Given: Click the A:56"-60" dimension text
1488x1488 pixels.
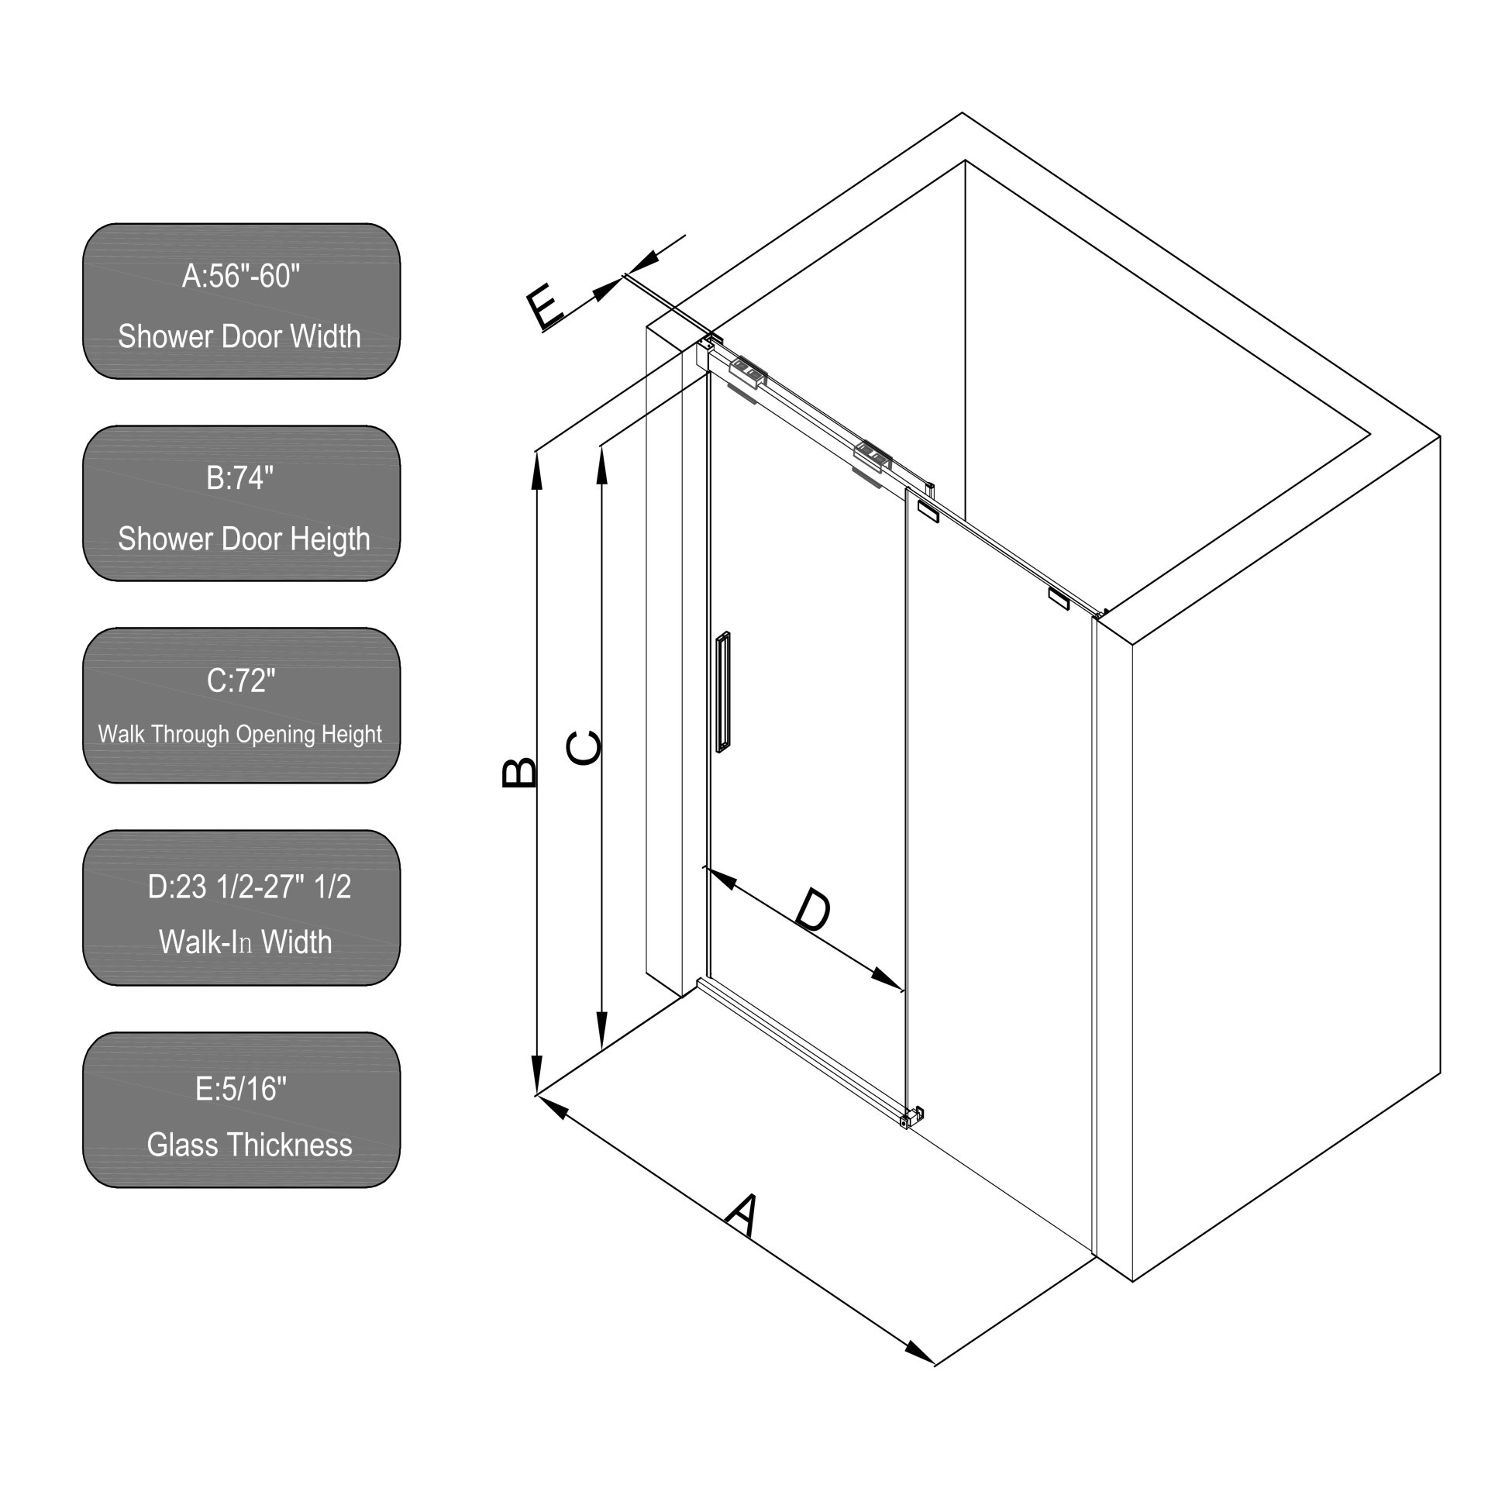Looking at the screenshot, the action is pyautogui.click(x=241, y=275).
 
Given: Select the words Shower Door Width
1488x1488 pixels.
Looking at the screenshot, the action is pyautogui.click(x=239, y=336).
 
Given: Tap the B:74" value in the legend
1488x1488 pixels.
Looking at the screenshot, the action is pyautogui.click(x=240, y=477).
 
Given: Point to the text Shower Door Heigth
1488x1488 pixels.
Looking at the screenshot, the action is pyautogui.click(x=244, y=539).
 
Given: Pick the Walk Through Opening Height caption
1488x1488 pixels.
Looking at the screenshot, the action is pyautogui.click(x=240, y=734).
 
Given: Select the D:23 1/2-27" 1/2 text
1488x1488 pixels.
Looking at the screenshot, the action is pyautogui.click(x=250, y=886).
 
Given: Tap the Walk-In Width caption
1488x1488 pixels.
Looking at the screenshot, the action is pyautogui.click(x=246, y=942).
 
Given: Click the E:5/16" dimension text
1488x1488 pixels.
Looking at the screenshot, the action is pyautogui.click(x=241, y=1089).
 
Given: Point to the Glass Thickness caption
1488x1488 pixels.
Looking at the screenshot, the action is pyautogui.click(x=250, y=1145).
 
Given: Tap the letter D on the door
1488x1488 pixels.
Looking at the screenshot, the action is pyautogui.click(x=813, y=911).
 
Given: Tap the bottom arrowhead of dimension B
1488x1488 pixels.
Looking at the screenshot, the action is pyautogui.click(x=536, y=1078).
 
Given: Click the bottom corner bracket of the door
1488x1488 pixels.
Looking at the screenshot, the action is pyautogui.click(x=912, y=1117).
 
